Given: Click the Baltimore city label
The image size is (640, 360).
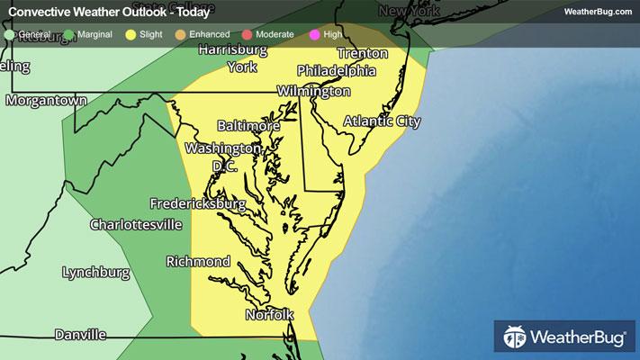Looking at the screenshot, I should click(x=248, y=127).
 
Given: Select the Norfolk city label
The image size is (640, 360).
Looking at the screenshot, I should click(x=269, y=315).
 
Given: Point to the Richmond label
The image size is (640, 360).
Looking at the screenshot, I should click(x=198, y=262).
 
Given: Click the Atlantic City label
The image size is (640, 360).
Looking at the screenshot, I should click(x=382, y=121).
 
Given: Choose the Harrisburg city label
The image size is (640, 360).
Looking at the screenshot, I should click(x=235, y=49).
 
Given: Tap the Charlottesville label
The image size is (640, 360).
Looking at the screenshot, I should click(x=139, y=223).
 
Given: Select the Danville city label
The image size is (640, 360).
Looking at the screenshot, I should click(x=80, y=335).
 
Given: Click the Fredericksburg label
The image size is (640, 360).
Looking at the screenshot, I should click(x=198, y=204).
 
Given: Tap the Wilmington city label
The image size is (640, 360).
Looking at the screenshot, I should click(x=313, y=92).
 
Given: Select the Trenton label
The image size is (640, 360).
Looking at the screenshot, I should click(x=362, y=53).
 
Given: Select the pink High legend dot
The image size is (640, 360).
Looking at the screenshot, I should click(x=314, y=34).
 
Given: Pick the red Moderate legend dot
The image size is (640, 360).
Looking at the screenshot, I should click(x=248, y=34).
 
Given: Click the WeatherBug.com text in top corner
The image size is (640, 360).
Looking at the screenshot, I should click(x=596, y=12).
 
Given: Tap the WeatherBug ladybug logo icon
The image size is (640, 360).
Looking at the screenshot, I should click(x=514, y=338).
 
